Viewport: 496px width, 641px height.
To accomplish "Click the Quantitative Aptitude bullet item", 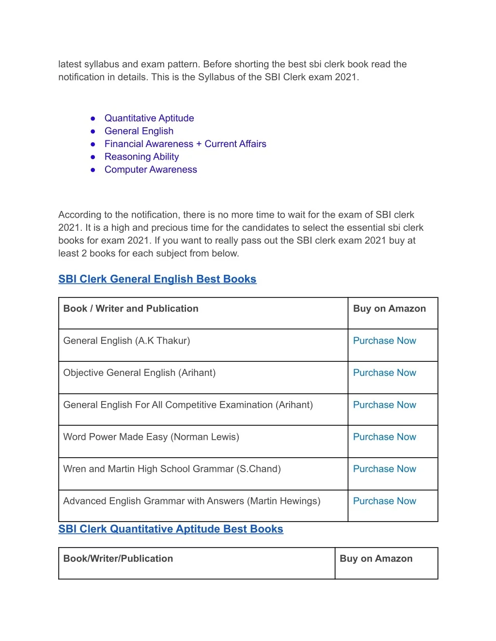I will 149,119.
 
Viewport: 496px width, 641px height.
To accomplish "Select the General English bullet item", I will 139,131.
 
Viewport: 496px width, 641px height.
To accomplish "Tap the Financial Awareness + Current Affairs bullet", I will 185,144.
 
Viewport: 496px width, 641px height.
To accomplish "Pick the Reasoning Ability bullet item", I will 141,157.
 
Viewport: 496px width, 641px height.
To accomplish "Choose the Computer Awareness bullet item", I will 151,170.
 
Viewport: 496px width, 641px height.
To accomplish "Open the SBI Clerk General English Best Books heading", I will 157,279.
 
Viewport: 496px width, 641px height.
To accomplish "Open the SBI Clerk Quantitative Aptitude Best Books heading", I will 170,529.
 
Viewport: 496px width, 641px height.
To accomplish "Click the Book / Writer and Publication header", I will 131,309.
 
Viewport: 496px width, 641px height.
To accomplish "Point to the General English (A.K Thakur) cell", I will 126,341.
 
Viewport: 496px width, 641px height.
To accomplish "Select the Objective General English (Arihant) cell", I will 139,373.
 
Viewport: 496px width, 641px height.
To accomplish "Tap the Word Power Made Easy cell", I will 151,437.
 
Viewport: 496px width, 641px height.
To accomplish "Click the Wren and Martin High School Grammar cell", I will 172,469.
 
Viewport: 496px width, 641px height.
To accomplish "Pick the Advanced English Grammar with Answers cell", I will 192,501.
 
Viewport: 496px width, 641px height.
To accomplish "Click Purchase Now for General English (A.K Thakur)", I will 385,341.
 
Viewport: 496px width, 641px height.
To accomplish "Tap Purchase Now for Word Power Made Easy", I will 385,437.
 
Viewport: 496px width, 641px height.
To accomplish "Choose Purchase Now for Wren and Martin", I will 385,469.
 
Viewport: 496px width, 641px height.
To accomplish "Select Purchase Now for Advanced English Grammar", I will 385,501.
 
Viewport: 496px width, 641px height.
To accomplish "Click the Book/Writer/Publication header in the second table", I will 118,559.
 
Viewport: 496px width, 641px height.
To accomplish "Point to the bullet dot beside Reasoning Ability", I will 93,157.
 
